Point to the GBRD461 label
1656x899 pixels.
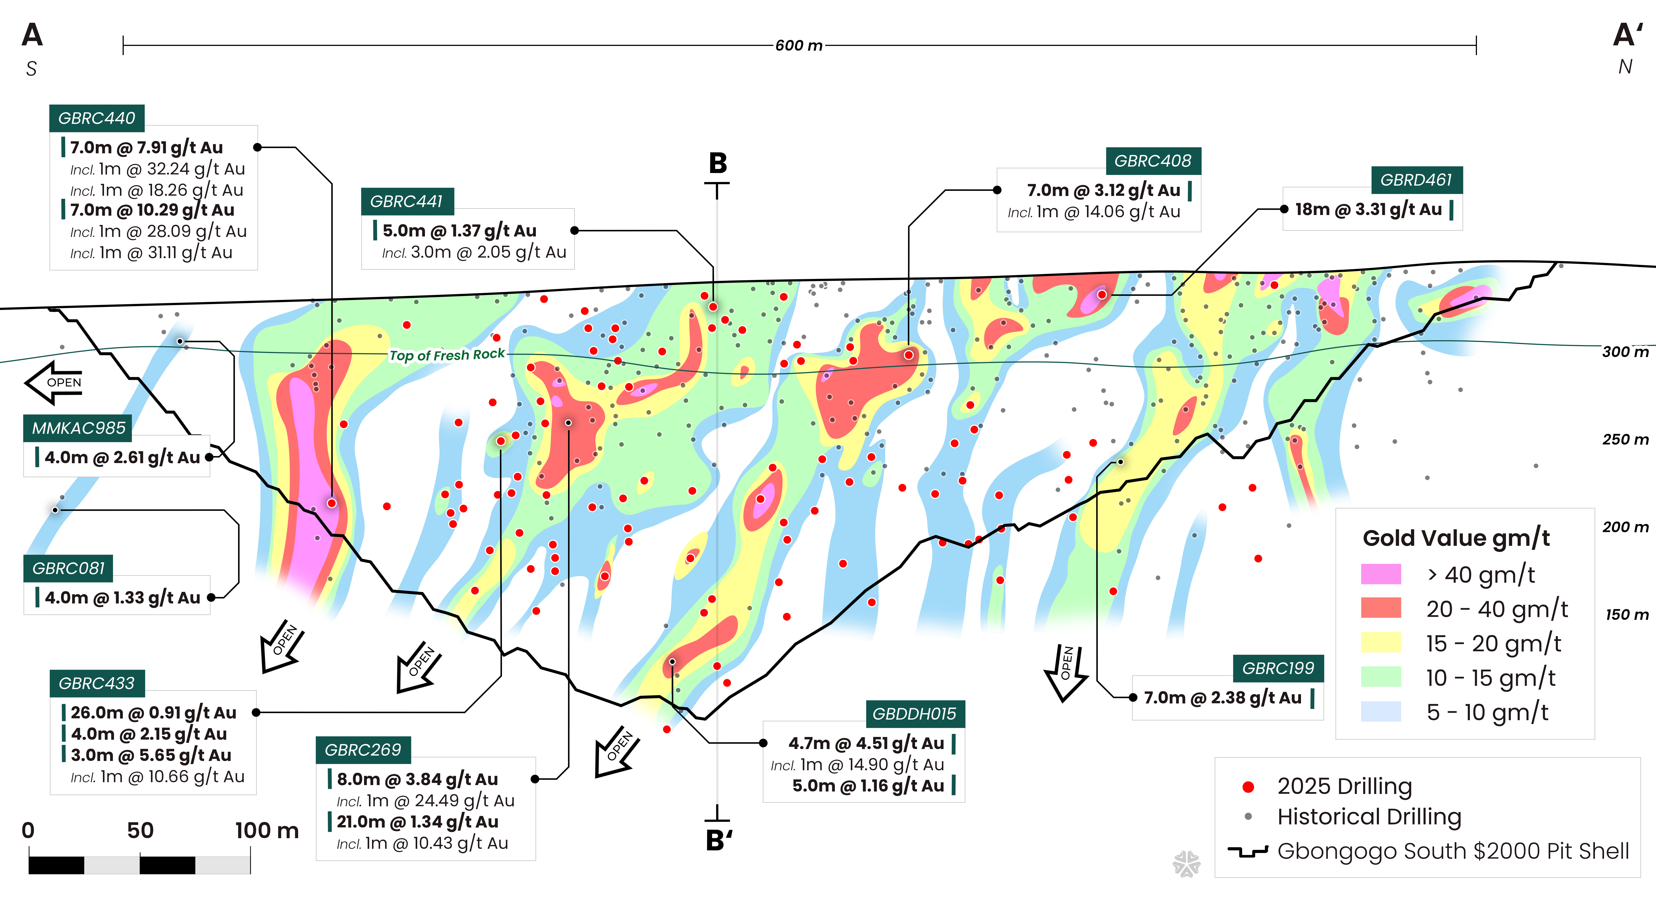1416,180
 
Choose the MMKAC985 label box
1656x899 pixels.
78,428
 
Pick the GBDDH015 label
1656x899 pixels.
914,714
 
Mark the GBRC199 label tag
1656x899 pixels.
1278,668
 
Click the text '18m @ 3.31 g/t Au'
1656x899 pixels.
1368,209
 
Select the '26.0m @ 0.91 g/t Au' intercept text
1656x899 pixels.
154,713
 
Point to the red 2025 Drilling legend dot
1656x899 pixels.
1249,787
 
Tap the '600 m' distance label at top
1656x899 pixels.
798,46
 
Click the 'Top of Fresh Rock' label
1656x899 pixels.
447,355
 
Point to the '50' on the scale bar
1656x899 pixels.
140,830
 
